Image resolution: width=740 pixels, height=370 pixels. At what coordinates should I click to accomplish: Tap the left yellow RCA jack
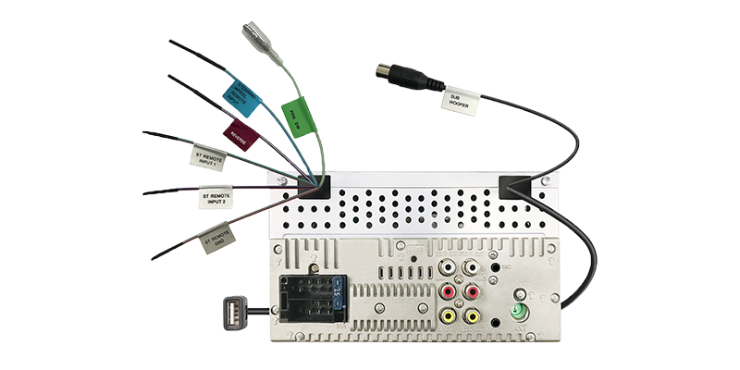pos(448,315)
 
